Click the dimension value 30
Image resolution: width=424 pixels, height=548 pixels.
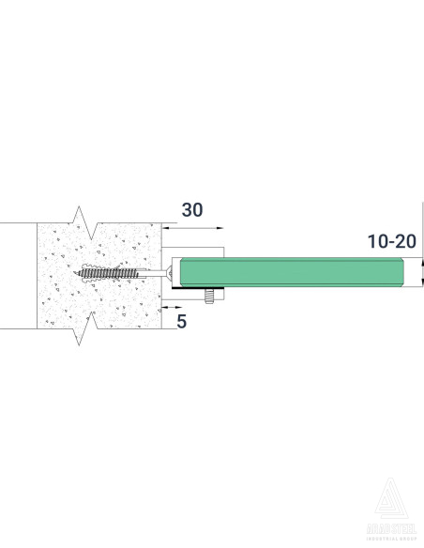click(x=191, y=210)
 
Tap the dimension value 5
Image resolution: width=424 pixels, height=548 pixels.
click(x=181, y=321)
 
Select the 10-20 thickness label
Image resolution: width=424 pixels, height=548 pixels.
click(x=391, y=241)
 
